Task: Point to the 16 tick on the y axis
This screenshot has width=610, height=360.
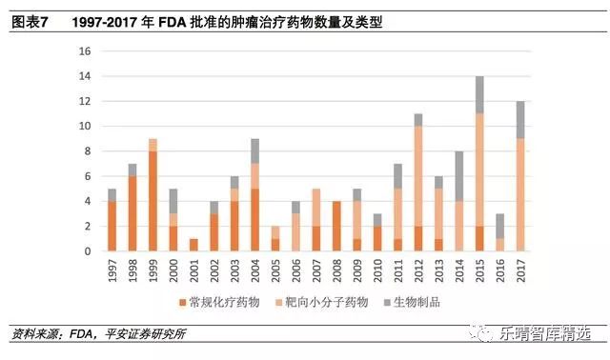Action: tap(85, 50)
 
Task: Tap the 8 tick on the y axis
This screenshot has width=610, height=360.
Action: tap(88, 151)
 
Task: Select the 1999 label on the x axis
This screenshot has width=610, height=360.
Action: tap(152, 268)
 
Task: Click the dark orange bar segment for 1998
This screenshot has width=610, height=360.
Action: tap(132, 213)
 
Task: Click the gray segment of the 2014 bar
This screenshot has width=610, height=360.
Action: tap(458, 176)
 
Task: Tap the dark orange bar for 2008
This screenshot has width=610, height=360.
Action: tap(336, 226)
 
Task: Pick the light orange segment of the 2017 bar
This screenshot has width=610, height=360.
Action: tap(520, 194)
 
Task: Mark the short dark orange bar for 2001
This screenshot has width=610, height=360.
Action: tap(193, 245)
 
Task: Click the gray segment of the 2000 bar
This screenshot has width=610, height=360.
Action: tap(173, 201)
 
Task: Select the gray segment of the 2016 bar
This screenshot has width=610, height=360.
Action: tap(500, 226)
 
